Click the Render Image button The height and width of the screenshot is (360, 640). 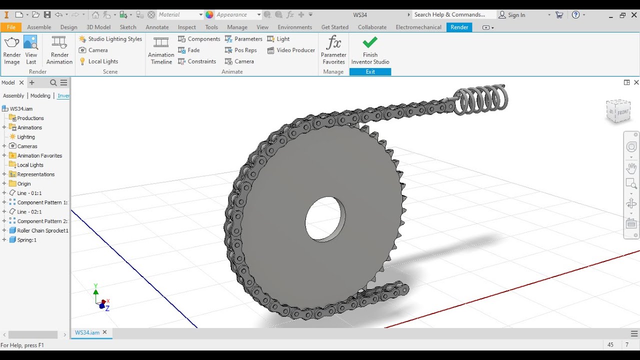coord(12,50)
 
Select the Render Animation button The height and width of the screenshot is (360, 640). coord(59,50)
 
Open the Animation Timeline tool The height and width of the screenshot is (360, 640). coord(161,50)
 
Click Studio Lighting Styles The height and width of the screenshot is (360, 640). coord(110,39)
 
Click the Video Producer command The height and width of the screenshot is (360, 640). coord(291,50)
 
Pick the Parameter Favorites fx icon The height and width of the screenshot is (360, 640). coord(333,42)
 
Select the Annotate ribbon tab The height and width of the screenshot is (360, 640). coord(157,27)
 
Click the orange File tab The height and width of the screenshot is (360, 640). coord(11,27)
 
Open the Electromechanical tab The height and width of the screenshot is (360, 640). coord(418,27)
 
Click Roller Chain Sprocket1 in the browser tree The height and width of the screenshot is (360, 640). coord(42,230)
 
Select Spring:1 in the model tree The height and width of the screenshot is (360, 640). coord(26,240)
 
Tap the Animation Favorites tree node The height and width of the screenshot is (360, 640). coord(39,155)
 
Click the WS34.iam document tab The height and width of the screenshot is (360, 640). coord(87,332)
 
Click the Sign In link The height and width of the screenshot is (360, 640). coord(516,15)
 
